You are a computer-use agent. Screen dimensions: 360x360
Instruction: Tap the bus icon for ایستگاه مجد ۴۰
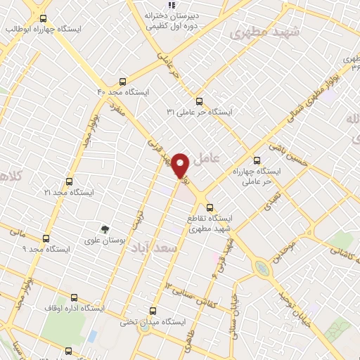pos(124,81)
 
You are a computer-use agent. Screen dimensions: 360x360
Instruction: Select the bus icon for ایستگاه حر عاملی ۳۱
pos(200,101)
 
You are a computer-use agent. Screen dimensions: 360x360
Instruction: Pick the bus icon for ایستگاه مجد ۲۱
pos(68,181)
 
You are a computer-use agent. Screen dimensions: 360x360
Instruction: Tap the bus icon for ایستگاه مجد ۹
pos(46,238)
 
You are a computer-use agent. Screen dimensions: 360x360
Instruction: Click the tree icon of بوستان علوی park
pos(104,229)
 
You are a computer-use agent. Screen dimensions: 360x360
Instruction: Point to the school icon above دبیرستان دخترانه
pos(172,4)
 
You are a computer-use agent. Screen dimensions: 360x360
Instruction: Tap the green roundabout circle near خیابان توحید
pos(262,267)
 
